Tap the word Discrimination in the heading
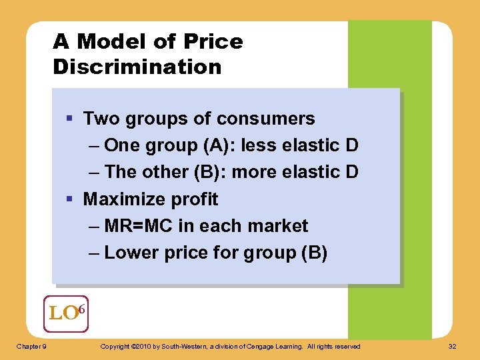point(137,67)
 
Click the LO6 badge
point(65,313)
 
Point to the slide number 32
point(453,346)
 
